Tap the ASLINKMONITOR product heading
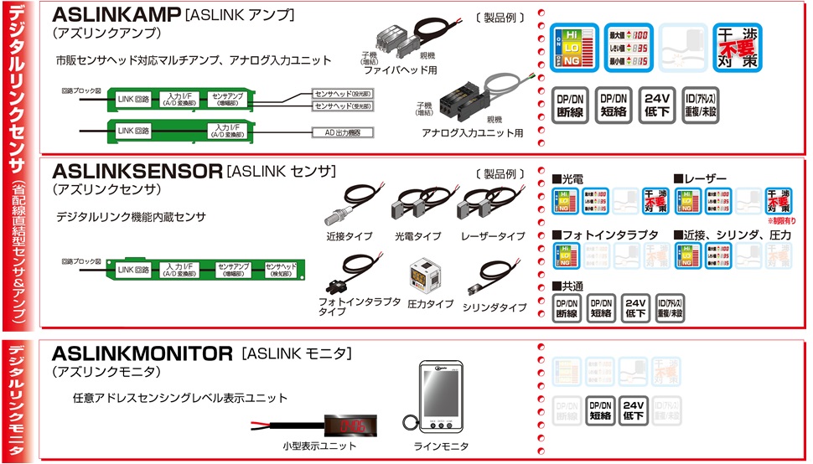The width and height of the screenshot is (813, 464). [142, 352]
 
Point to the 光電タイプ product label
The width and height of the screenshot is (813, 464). [417, 237]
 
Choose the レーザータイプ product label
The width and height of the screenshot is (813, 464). [494, 237]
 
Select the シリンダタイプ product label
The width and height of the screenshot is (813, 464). [495, 307]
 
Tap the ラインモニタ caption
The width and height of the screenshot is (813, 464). [441, 446]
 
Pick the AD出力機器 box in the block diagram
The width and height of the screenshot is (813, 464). [342, 132]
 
